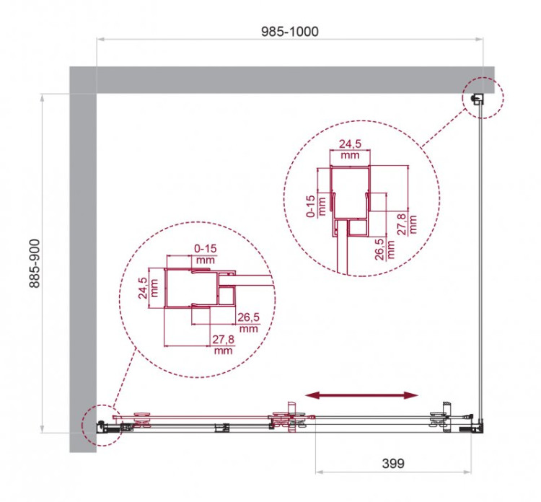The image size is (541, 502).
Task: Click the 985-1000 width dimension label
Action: (290, 31)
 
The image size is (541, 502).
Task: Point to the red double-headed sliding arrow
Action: (361, 395)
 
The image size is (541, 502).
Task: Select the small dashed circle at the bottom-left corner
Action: (100, 423)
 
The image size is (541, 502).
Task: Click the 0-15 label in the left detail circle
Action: (206, 249)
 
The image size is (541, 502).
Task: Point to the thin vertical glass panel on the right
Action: (482, 267)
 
